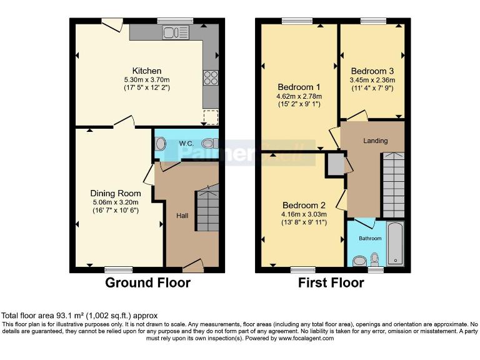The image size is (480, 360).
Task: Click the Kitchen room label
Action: tap(146, 71)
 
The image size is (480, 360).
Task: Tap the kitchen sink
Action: tap(176, 32)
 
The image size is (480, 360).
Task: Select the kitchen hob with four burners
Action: tap(210, 77)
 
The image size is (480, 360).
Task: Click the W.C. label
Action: tap(186, 144)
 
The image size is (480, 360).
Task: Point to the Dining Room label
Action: tap(116, 194)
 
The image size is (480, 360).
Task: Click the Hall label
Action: tap(182, 215)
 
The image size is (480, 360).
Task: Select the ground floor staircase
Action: tap(207, 211)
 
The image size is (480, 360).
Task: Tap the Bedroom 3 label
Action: tap(372, 71)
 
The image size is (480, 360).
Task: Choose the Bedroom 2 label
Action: tap(304, 205)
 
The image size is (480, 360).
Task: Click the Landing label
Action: tap(376, 141)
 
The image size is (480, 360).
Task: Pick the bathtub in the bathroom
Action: tap(395, 243)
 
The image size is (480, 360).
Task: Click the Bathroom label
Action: tap(370, 238)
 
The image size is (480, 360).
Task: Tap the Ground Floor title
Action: tap(147, 282)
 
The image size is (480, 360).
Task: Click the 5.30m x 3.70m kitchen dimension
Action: tap(146, 79)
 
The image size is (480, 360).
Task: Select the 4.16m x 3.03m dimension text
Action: tap(304, 214)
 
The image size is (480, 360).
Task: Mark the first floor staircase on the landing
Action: tap(393, 184)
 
